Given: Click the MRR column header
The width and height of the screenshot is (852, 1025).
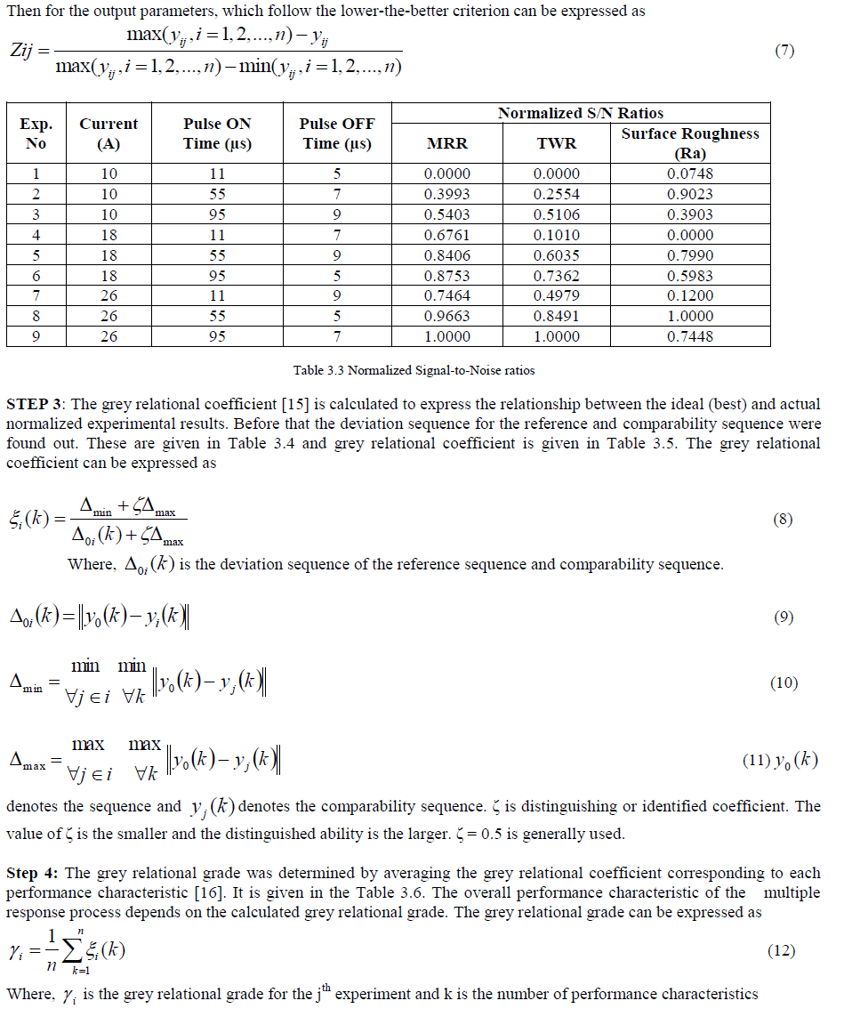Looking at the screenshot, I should [x=447, y=143].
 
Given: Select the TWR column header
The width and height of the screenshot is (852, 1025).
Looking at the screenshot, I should [x=557, y=143].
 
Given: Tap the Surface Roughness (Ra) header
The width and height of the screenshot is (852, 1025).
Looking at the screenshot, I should [x=690, y=143].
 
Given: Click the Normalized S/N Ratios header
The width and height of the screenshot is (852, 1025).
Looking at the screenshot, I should [x=580, y=113].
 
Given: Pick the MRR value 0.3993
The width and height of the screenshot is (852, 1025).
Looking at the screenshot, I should [x=447, y=194].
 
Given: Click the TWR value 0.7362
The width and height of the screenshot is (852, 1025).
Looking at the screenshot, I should [x=557, y=276].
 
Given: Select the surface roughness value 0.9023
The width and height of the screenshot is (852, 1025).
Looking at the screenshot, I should [x=690, y=194].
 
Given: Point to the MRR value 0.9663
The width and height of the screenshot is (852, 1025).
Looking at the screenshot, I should [x=447, y=316].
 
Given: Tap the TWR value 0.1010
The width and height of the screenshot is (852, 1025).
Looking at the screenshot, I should [x=557, y=235].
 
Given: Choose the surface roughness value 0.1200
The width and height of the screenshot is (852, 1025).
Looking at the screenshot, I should [x=690, y=296].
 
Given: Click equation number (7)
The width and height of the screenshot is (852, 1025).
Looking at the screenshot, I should [x=784, y=51].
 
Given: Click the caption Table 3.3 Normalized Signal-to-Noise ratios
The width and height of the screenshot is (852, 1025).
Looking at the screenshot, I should [x=414, y=370].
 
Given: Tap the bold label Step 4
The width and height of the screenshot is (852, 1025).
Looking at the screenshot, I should [x=32, y=873].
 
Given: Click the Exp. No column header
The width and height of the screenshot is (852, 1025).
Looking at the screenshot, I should [x=36, y=133].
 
